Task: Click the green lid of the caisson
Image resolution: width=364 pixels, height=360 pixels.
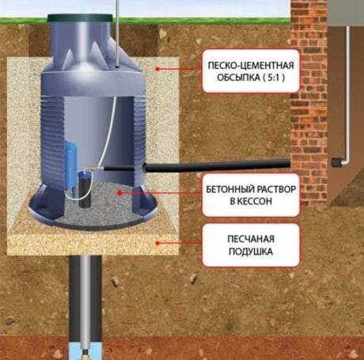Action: point(80,18)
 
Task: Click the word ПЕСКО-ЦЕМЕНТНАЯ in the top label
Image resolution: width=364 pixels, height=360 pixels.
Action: point(251,66)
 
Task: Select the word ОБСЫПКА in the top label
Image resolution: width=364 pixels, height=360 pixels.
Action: point(238,78)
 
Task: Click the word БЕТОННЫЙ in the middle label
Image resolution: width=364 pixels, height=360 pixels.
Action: point(230,189)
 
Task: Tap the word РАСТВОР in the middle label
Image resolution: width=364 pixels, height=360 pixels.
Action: point(276,189)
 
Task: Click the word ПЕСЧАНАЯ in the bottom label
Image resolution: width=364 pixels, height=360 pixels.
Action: point(251,239)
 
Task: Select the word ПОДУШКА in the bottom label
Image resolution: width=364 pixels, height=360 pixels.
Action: point(251,252)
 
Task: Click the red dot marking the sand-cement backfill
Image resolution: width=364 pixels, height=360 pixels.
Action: point(157,69)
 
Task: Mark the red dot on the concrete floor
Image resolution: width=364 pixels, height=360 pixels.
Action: point(119,193)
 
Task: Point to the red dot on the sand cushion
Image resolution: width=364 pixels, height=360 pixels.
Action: point(157,243)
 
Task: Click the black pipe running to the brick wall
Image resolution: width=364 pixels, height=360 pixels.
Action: point(217,167)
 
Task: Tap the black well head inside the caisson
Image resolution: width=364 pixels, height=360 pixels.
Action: point(85,190)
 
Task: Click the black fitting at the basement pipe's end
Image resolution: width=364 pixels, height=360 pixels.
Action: point(336,162)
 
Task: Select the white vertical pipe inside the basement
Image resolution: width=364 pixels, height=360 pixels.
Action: point(348,93)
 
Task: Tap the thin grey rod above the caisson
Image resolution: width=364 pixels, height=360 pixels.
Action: point(117,33)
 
